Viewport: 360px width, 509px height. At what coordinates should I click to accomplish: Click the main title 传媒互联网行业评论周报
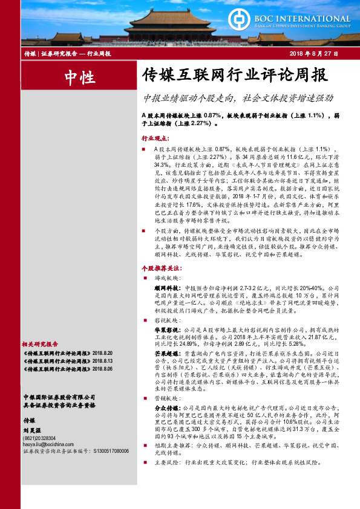[x=227, y=76]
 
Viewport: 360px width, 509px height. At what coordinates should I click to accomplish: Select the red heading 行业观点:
[x=154, y=138]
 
